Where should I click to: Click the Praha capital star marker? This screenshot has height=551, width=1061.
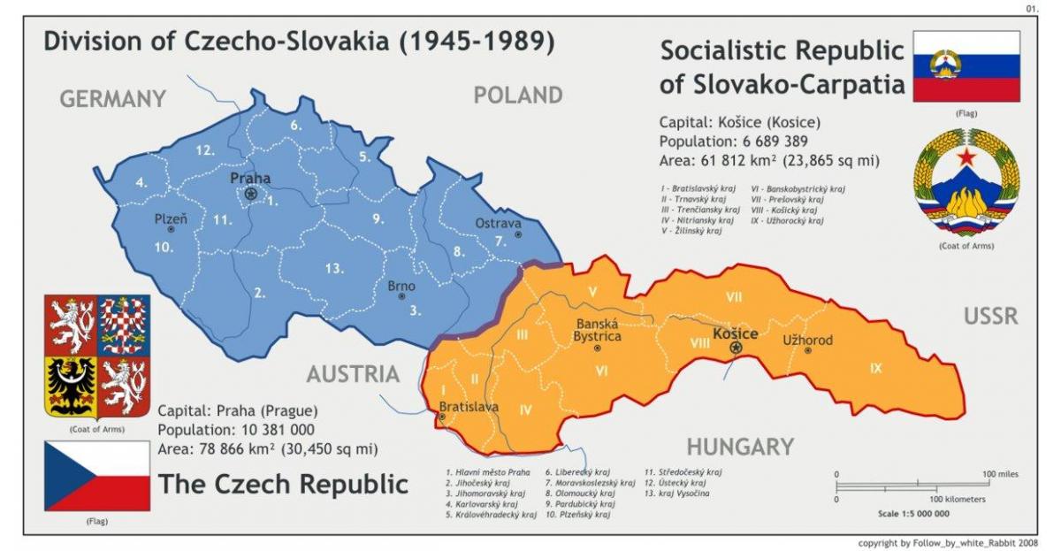[x=251, y=194]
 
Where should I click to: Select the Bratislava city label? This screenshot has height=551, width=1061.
[x=469, y=407]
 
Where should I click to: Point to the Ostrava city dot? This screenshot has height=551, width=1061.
[x=519, y=235]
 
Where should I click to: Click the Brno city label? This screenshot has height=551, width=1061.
[x=401, y=286]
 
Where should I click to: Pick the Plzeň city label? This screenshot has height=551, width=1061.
[x=171, y=218]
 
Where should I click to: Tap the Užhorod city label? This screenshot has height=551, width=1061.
[x=807, y=340]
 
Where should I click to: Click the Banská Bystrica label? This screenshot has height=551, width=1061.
[x=599, y=330]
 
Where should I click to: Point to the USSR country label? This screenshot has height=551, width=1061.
[x=991, y=316]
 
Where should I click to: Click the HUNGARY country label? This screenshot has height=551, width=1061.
[x=739, y=447]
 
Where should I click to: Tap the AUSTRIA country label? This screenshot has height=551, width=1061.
[x=353, y=374]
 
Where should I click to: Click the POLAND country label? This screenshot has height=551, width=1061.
[x=518, y=96]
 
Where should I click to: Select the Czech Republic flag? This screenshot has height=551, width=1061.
[x=97, y=476]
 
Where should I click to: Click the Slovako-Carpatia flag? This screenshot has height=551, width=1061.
[x=966, y=66]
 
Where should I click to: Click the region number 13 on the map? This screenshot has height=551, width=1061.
[x=333, y=268]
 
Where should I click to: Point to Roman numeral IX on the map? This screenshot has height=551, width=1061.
[x=875, y=368]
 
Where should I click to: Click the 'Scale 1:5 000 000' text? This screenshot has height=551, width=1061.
[x=913, y=513]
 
